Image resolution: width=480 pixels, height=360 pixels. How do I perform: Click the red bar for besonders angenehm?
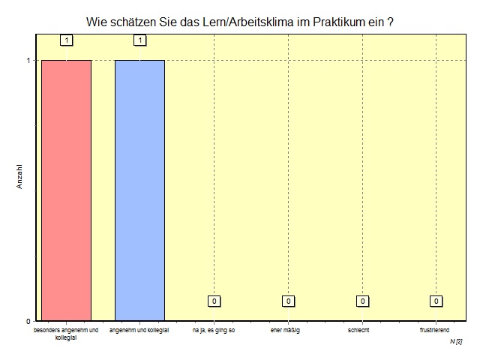coord(66,190)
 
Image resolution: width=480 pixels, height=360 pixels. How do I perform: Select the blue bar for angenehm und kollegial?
coord(139,190)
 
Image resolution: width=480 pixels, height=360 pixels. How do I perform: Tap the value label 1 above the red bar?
coord(66,40)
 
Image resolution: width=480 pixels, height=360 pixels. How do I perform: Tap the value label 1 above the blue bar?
coord(139,40)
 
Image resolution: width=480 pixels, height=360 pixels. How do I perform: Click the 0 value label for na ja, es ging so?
coord(214,301)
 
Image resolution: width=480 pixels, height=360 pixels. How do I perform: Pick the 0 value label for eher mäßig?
coord(287,301)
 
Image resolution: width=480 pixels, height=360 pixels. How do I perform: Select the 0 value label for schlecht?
coord(361,301)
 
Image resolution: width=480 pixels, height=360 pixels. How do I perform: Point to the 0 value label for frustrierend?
coord(435,301)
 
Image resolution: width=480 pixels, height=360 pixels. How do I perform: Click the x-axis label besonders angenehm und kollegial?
coord(66,334)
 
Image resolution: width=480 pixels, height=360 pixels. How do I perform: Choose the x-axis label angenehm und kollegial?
coord(139,330)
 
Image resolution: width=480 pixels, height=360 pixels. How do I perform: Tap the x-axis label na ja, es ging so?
coord(214,330)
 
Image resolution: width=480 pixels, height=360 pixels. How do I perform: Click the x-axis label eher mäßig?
coord(285,330)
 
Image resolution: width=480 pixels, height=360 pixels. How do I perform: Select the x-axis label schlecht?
coord(358,330)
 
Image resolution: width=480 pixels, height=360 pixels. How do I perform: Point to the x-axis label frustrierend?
coord(434,330)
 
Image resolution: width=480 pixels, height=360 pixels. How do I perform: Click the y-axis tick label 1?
coord(28,61)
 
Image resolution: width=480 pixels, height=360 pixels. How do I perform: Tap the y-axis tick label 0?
coord(28,321)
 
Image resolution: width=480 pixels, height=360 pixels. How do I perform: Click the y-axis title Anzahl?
coord(21,176)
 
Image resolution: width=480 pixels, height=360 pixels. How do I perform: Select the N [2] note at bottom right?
coord(456,341)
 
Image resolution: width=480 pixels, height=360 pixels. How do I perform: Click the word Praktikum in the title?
coord(332,22)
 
